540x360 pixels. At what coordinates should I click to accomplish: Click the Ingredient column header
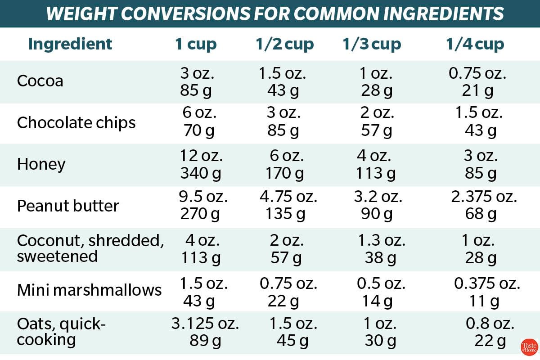[70, 44]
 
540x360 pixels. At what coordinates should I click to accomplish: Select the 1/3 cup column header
[372, 44]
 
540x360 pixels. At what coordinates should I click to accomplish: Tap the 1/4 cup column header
[475, 44]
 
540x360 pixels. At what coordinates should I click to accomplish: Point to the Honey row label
[41, 164]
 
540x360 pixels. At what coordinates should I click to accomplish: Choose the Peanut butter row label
[68, 206]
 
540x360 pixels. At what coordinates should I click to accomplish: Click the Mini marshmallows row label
[89, 290]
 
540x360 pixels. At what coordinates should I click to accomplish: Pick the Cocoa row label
[40, 81]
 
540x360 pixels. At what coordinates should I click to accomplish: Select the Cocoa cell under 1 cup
[196, 81]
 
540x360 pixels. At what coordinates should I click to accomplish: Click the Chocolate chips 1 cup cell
[196, 122]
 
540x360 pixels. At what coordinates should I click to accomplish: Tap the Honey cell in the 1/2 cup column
[283, 164]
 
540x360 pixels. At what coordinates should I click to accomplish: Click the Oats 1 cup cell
[205, 332]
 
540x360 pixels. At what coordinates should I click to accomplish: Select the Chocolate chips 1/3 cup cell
[377, 122]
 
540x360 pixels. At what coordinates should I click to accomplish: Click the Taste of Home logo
[529, 347]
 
